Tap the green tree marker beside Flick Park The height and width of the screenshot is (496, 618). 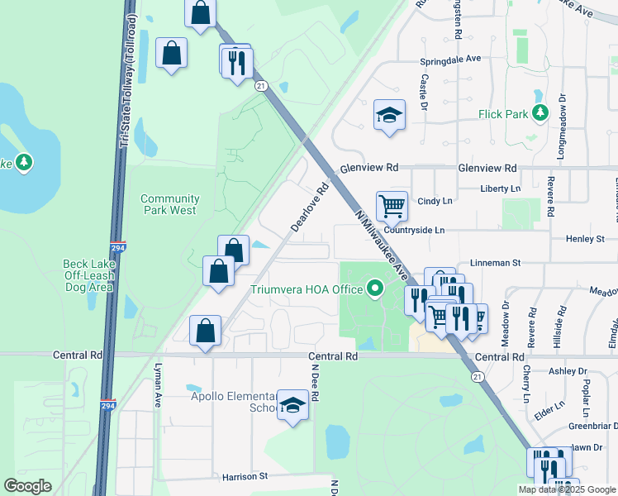pyautogui.click(x=541, y=112)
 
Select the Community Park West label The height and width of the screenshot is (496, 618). pyautogui.click(x=169, y=204)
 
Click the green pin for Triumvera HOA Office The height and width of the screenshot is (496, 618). pyautogui.click(x=376, y=289)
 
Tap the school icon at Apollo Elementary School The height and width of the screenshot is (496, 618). pyautogui.click(x=292, y=404)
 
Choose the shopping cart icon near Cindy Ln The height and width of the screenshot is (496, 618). pyautogui.click(x=391, y=205)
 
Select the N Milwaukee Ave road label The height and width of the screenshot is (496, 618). pyautogui.click(x=381, y=245)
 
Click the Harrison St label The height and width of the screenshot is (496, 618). pyautogui.click(x=245, y=477)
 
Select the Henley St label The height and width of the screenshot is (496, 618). pyautogui.click(x=585, y=239)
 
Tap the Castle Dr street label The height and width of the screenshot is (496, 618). pyautogui.click(x=423, y=93)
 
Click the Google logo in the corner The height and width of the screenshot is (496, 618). pyautogui.click(x=28, y=486)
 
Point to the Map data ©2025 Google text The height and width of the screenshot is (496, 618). pyautogui.click(x=567, y=489)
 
